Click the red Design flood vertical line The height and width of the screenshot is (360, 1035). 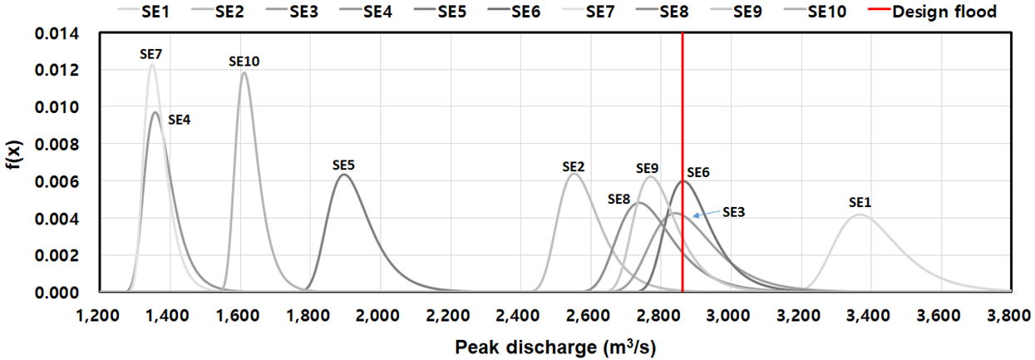(x=683, y=162)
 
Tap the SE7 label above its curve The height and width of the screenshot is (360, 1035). (x=151, y=55)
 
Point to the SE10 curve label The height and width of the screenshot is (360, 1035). (x=244, y=62)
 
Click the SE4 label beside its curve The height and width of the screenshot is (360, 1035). (x=180, y=121)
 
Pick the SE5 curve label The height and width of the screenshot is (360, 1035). (x=343, y=165)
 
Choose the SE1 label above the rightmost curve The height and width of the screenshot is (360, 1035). (x=860, y=202)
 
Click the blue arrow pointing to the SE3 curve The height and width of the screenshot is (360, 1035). (x=707, y=214)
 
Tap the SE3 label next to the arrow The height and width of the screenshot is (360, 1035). (x=734, y=212)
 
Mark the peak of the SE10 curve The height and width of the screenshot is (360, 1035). (x=244, y=72)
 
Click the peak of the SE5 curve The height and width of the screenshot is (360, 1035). (x=343, y=175)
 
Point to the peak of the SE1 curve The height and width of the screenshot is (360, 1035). (x=860, y=215)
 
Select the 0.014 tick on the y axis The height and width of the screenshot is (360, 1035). (x=57, y=33)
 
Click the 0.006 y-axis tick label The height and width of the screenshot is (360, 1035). (x=57, y=181)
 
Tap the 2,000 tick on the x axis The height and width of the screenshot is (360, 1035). (x=380, y=316)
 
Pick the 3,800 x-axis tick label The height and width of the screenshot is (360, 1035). (x=1009, y=316)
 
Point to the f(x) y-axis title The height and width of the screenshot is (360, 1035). (x=14, y=155)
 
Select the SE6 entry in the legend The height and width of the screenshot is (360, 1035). (x=514, y=12)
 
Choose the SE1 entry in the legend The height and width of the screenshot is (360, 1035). (x=144, y=12)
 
